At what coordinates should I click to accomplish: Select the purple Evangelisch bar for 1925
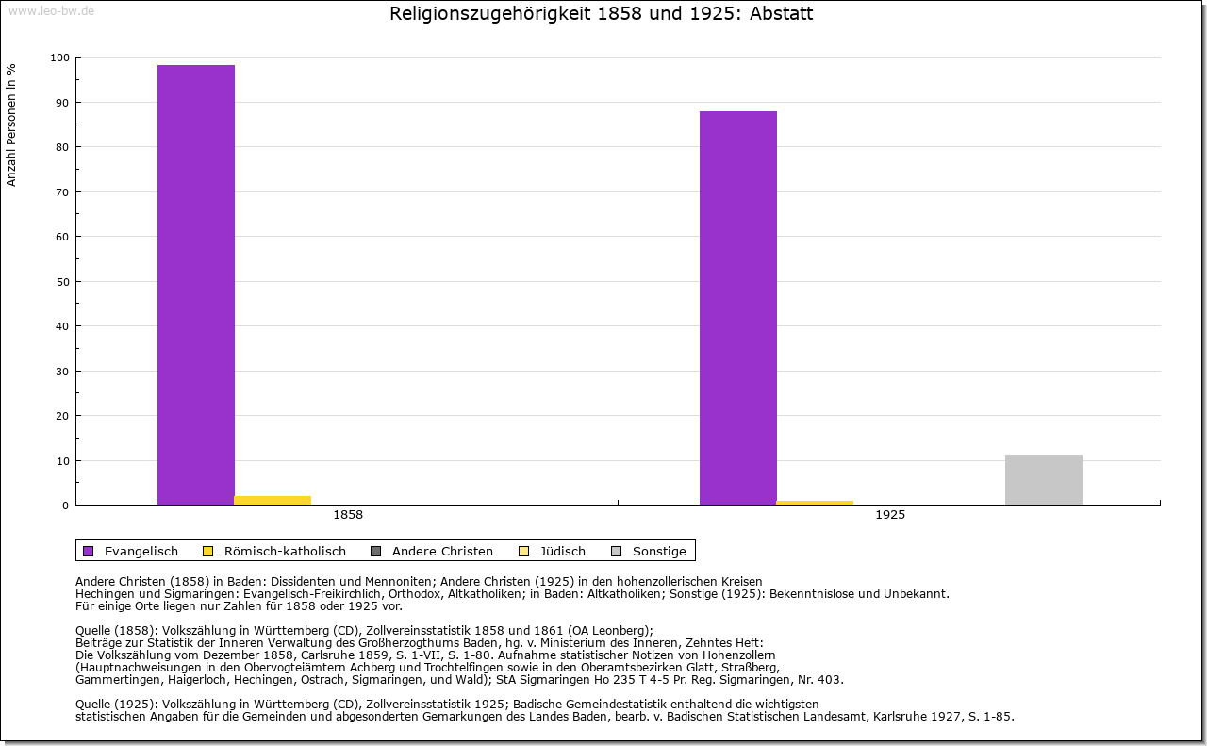(738, 307)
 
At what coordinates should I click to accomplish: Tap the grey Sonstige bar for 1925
(1044, 479)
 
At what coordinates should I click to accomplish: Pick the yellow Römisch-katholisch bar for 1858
(273, 500)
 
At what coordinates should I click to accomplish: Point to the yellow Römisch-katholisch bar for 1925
(815, 503)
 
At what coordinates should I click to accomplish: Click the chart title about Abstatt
(602, 14)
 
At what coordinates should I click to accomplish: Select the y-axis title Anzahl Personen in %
(11, 124)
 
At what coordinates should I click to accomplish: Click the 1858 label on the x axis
(348, 516)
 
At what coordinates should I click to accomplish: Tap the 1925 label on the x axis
(890, 516)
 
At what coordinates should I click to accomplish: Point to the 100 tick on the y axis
(59, 58)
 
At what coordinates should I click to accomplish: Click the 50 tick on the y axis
(62, 282)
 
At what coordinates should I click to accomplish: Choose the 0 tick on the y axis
(65, 506)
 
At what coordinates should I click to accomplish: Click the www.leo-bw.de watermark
(50, 10)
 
